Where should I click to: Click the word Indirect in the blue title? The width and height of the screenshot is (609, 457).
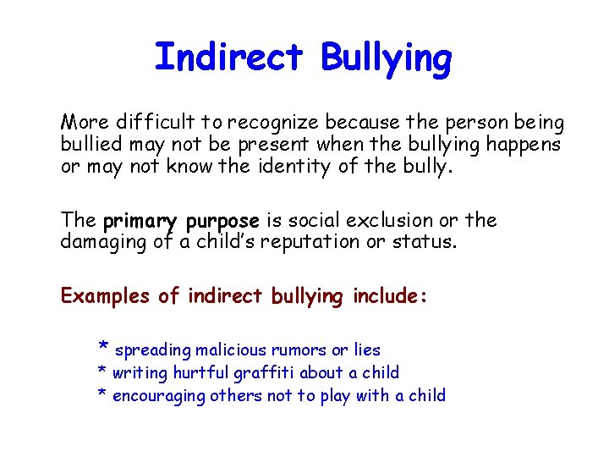coord(228,58)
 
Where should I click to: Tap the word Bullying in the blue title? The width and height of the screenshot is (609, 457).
coord(386,59)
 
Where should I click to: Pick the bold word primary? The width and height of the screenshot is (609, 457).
coord(140,222)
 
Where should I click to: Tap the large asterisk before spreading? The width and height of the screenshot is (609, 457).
coord(103,347)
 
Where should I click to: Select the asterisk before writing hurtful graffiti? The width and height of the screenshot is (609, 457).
coord(102,372)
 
